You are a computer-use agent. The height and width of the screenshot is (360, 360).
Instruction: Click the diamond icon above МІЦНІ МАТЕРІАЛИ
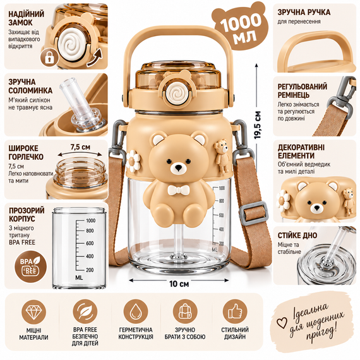pos(33,312)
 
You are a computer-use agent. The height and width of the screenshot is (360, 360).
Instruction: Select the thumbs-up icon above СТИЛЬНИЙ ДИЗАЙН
pos(235,312)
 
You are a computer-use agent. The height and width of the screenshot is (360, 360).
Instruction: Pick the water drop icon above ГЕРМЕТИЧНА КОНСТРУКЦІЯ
pos(135,312)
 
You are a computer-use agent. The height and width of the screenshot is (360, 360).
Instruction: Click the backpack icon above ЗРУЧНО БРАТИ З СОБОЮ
pos(185,312)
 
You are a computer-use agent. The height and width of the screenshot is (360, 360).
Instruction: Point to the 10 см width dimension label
pos(179,284)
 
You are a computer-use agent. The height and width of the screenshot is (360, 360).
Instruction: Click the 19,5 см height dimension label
pos(258,125)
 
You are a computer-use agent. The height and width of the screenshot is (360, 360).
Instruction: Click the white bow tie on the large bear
pos(179,190)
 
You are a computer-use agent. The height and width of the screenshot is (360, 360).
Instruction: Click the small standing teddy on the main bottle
pos(222,155)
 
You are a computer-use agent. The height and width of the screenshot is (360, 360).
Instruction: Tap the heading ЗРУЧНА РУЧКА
pos(304,12)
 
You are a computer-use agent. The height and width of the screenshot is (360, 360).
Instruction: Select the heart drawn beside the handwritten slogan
pos(282,323)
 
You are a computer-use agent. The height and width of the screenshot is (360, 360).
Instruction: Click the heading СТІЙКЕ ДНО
pos(297,236)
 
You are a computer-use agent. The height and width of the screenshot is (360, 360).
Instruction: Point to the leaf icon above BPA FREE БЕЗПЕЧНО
pos(85,312)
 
